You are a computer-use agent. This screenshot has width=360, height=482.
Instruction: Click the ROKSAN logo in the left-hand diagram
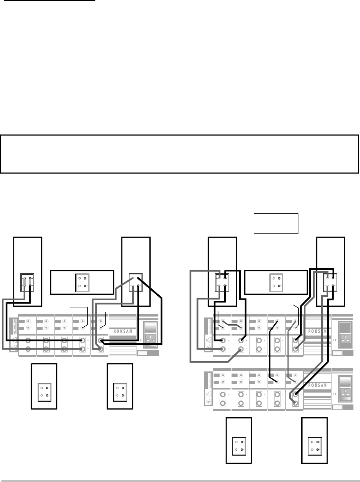point(122,331)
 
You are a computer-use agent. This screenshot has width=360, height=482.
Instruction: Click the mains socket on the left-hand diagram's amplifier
point(148,340)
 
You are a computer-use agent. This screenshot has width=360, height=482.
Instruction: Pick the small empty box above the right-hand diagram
point(276,223)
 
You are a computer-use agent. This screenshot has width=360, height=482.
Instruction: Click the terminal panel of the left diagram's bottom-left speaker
point(44,391)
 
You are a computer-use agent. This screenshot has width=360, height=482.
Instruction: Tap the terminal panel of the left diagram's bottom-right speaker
point(120,391)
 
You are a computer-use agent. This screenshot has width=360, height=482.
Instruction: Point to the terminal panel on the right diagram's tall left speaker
point(222,281)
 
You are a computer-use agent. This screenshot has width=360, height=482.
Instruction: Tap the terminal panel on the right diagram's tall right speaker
point(330,281)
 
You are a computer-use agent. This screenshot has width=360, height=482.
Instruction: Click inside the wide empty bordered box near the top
point(179,154)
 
